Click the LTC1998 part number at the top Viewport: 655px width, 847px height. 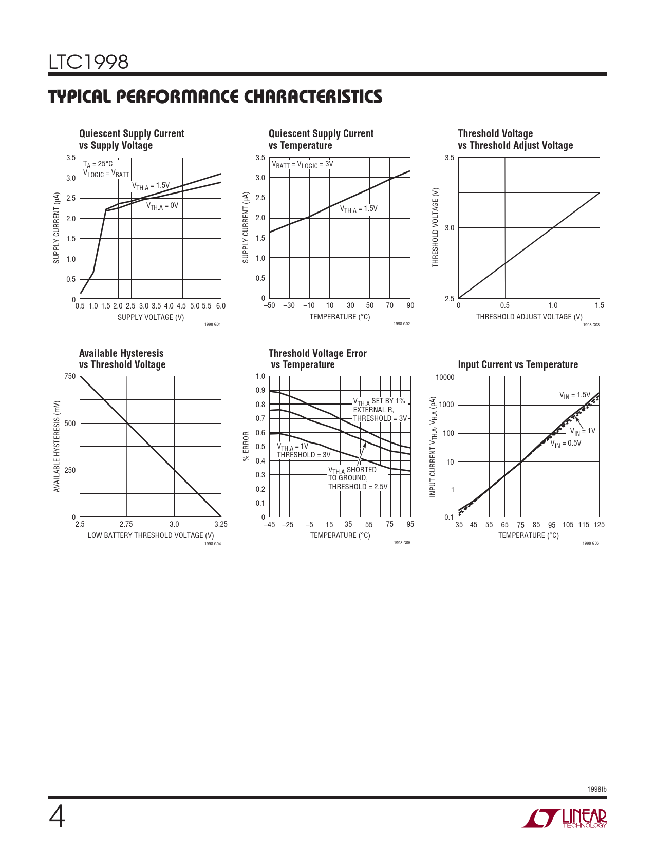coord(88,62)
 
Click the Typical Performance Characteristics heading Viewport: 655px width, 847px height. coord(215,97)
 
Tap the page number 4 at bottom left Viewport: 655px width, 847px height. coord(57,817)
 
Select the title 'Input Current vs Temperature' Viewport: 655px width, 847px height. coord(517,364)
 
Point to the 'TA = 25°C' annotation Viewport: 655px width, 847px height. coord(98,164)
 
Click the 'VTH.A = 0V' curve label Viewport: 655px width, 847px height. coord(162,206)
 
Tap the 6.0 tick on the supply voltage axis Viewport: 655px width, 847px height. coord(220,306)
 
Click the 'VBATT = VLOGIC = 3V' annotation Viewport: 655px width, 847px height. coord(302,165)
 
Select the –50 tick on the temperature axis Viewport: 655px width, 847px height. coord(269,305)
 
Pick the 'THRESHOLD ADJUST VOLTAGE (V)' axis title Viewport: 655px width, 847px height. coord(529,317)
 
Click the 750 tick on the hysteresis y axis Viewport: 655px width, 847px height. coord(70,376)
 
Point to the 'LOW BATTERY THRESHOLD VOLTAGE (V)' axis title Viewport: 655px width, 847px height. coord(151,535)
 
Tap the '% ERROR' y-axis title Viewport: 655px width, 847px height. coord(246,446)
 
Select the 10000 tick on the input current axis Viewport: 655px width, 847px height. coord(445,378)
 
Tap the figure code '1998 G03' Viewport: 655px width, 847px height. coord(591,325)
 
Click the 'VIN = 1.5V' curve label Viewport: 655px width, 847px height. coord(574,395)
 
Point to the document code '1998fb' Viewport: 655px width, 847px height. coord(596,789)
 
